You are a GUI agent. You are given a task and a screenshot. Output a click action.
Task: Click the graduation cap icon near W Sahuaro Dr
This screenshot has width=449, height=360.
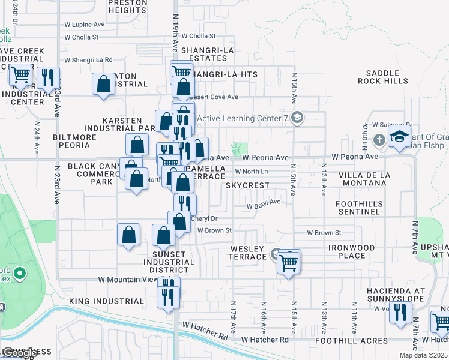[399, 136]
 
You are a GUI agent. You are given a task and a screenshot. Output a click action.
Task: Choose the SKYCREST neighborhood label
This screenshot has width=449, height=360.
[247, 185]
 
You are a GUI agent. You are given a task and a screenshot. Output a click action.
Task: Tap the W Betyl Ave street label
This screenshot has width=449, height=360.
[265, 202]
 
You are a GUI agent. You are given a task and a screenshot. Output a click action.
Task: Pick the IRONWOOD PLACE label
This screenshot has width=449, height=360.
[351, 251]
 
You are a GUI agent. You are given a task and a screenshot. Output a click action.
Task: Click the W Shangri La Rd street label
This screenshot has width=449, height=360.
[88, 59]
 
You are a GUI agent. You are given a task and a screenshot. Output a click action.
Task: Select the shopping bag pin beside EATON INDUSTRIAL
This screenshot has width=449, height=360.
[103, 84]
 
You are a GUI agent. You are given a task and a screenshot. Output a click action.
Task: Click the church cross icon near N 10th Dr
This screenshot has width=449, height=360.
[378, 140]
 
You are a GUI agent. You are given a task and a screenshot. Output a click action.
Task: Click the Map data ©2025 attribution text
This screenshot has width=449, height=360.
[423, 355]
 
